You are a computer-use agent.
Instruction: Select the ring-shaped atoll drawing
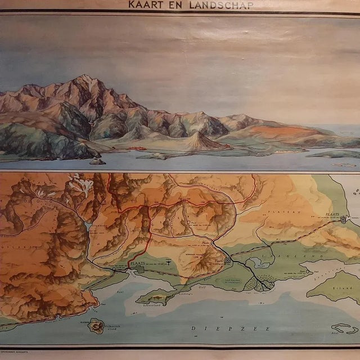tap(344, 328)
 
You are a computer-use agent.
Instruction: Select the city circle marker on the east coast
tap(344, 220)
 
